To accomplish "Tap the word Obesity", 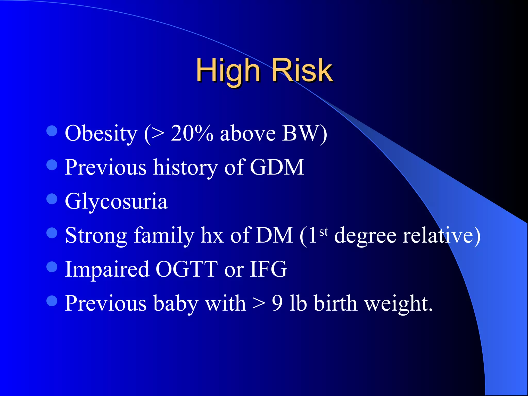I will tap(101, 134).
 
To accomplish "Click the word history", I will tap(185, 168).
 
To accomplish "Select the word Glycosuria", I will tap(116, 202).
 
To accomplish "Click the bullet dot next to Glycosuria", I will tap(52, 199).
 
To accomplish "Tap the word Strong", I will tap(96, 235).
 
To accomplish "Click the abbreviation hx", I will tap(212, 235).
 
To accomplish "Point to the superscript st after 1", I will tap(324, 232).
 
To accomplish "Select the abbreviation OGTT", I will tap(187, 269).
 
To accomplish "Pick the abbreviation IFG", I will tap(268, 269).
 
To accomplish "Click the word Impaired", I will tap(107, 270).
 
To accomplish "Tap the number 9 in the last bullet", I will tap(277, 303).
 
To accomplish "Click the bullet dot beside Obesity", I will tap(52, 131).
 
